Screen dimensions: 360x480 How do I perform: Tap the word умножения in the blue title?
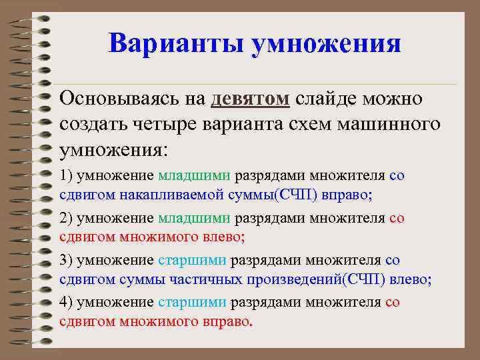coord(327,45)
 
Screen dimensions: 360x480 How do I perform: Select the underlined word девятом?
coord(250,99)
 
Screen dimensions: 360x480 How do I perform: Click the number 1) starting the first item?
coord(67,176)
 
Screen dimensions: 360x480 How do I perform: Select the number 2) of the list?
coord(67,218)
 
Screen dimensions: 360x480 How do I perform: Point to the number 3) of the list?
coord(67,260)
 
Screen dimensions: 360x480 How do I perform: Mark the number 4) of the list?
coord(67,302)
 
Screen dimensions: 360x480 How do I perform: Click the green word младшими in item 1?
coord(194,176)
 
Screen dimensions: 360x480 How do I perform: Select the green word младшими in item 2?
coord(194,218)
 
